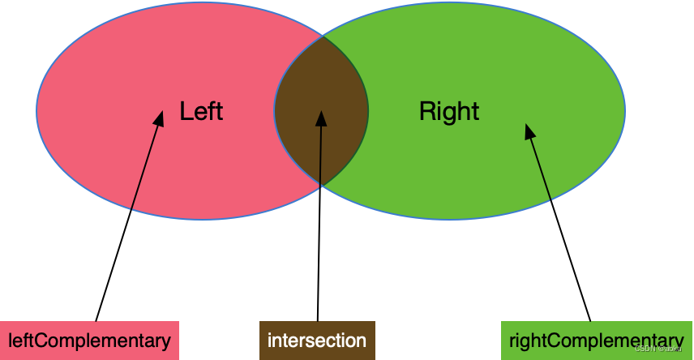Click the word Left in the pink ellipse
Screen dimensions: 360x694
click(x=201, y=111)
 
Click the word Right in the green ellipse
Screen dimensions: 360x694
click(x=449, y=111)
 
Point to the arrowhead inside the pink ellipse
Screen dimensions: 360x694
click(x=160, y=118)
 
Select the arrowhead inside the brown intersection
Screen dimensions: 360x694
click(x=321, y=118)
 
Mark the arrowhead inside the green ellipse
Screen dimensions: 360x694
click(x=529, y=131)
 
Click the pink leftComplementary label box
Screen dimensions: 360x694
click(x=89, y=341)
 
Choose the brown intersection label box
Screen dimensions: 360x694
click(x=317, y=341)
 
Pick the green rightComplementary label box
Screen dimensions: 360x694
click(x=596, y=341)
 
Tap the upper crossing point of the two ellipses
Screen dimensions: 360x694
click(x=323, y=36)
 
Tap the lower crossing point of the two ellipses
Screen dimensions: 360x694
click(x=321, y=186)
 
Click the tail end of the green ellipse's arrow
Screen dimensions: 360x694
click(x=551, y=200)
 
